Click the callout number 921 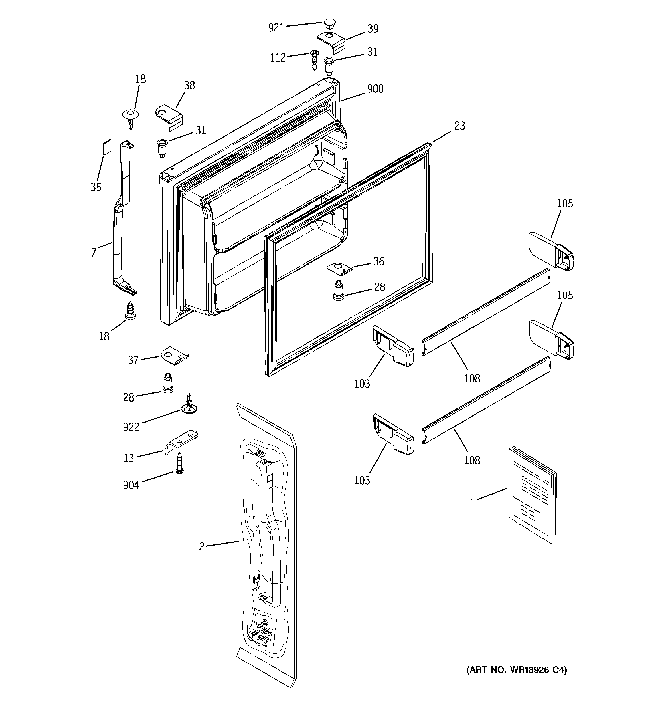tap(276, 27)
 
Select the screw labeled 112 tap(314, 60)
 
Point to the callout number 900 tap(375, 88)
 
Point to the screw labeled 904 tap(179, 463)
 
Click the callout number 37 tap(133, 360)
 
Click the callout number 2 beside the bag tap(202, 546)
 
